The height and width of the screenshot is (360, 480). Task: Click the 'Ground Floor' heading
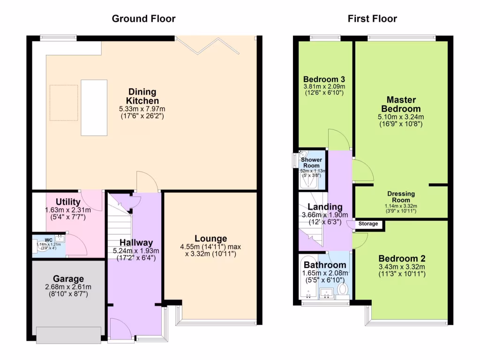143,19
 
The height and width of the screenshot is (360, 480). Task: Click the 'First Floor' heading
372,19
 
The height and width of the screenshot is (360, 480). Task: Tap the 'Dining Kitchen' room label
142,96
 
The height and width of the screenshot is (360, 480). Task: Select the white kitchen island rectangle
94,107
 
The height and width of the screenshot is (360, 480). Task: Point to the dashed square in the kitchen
64,99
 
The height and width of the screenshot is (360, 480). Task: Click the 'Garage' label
68,278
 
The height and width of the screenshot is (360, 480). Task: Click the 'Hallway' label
135,242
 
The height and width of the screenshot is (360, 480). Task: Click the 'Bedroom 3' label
323,79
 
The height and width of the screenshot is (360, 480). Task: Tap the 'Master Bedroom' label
401,104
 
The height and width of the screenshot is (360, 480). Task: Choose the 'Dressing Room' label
401,197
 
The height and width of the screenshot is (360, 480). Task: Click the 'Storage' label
368,224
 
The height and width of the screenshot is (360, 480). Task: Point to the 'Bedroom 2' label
402,259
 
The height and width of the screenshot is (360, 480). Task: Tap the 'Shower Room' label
311,163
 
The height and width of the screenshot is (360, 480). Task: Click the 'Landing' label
324,207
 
